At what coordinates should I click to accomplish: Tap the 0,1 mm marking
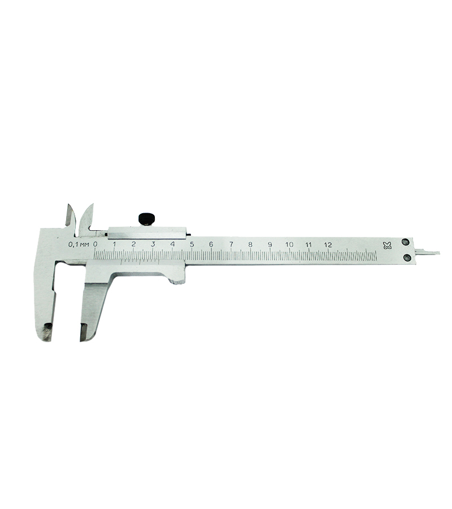point(78,244)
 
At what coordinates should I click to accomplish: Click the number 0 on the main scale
point(95,244)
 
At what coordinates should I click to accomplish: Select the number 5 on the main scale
point(192,244)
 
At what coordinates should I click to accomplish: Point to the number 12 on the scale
point(328,245)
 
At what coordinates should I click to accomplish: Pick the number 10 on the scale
point(289,244)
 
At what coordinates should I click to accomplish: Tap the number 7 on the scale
point(231,244)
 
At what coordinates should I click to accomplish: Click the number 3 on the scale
point(153,244)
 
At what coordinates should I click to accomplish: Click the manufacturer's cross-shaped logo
point(387,245)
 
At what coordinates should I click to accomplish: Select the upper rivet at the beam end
point(405,241)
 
